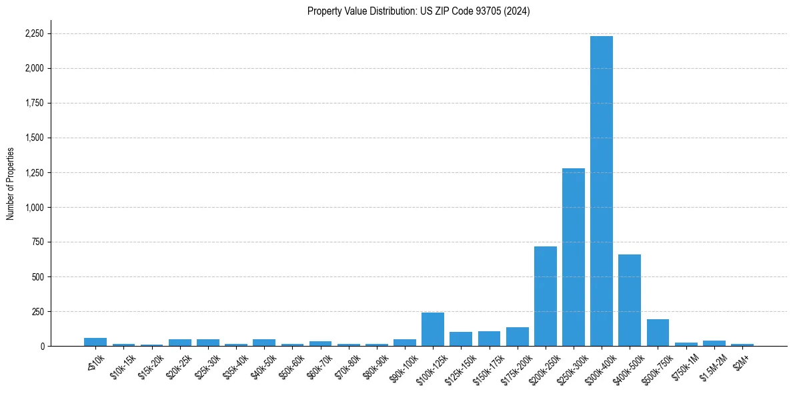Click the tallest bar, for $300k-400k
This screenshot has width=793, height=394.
click(602, 191)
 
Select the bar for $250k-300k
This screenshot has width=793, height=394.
click(574, 257)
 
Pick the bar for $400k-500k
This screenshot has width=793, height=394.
click(630, 301)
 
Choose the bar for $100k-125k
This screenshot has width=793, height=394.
click(433, 329)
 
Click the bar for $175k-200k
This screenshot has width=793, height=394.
click(518, 337)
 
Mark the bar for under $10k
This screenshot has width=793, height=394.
click(95, 342)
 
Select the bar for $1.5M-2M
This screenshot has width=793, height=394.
click(714, 343)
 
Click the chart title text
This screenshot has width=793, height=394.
click(418, 11)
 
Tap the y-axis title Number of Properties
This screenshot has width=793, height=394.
click(11, 184)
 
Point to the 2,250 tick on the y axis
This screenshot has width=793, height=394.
click(35, 33)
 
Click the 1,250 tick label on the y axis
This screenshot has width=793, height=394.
click(35, 172)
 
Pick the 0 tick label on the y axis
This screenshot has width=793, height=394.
click(43, 346)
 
